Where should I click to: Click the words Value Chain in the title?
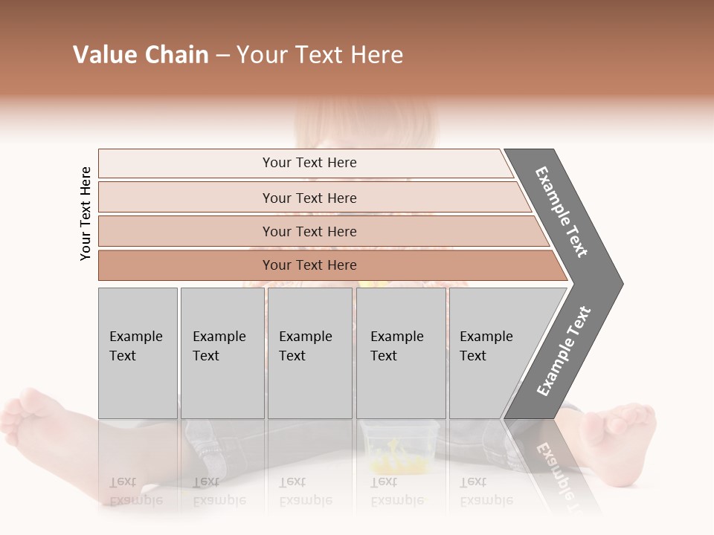click(141, 55)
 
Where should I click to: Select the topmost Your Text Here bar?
click(309, 163)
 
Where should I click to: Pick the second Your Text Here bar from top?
click(309, 198)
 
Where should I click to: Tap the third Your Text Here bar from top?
click(309, 231)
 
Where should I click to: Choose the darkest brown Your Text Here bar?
click(309, 265)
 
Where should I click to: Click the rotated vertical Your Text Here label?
click(86, 213)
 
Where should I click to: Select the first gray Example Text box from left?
click(138, 352)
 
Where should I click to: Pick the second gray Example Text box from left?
click(222, 352)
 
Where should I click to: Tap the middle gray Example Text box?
click(309, 352)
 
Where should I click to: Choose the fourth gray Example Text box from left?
click(400, 352)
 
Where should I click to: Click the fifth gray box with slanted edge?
click(491, 352)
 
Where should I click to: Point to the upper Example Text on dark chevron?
click(562, 212)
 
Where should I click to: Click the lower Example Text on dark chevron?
click(564, 351)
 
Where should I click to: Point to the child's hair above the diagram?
click(364, 119)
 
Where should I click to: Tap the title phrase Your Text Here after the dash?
click(320, 55)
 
